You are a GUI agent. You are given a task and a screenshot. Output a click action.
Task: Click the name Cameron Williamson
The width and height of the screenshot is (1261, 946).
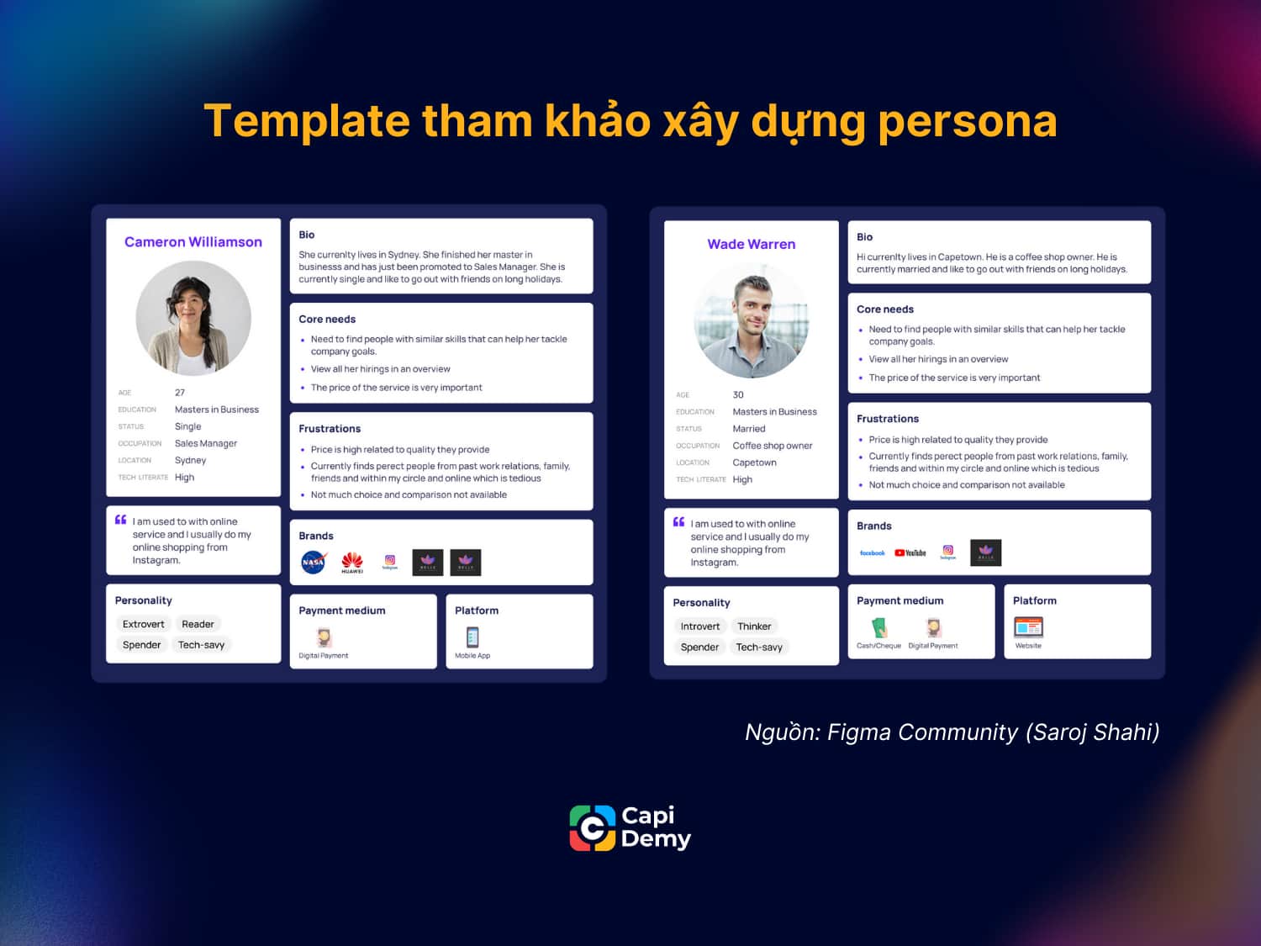tap(193, 242)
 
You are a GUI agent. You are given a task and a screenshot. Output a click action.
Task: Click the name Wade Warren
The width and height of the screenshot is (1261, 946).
tap(751, 245)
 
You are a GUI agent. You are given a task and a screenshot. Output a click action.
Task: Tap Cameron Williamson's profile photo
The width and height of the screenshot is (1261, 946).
tap(193, 318)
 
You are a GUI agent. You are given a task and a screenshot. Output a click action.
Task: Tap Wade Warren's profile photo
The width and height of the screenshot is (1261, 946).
tap(751, 320)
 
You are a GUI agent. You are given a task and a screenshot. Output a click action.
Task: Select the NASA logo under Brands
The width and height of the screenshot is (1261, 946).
tap(314, 562)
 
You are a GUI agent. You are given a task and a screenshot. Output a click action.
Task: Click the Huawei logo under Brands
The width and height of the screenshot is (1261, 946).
tap(352, 562)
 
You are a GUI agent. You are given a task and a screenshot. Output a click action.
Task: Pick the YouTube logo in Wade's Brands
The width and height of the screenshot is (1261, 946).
tap(910, 552)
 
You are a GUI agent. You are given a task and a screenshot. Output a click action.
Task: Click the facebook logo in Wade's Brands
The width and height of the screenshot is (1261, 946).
tap(872, 552)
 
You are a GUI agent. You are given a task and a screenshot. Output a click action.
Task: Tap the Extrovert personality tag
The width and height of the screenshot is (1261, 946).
tap(143, 624)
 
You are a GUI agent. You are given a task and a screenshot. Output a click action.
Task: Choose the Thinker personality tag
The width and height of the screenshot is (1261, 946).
tap(754, 626)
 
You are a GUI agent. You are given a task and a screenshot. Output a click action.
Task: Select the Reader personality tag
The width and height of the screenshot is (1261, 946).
tap(198, 624)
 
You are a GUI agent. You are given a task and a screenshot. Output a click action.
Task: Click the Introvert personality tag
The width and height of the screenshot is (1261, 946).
tap(700, 626)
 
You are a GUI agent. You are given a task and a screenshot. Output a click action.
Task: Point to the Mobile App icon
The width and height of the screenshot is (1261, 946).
tap(472, 637)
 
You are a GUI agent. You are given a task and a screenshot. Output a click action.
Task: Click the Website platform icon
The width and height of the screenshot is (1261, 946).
tap(1028, 627)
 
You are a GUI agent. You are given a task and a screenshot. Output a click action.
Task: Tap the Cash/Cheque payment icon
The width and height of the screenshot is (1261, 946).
tap(878, 627)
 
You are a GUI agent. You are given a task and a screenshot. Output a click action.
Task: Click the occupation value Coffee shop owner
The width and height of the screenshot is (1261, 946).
tap(773, 446)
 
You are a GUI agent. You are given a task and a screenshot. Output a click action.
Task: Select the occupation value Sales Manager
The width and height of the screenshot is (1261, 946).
tap(206, 443)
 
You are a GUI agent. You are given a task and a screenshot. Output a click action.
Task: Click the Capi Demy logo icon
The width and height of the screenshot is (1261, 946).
tap(593, 828)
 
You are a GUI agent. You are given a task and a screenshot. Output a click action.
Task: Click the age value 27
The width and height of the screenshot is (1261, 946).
tap(180, 393)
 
